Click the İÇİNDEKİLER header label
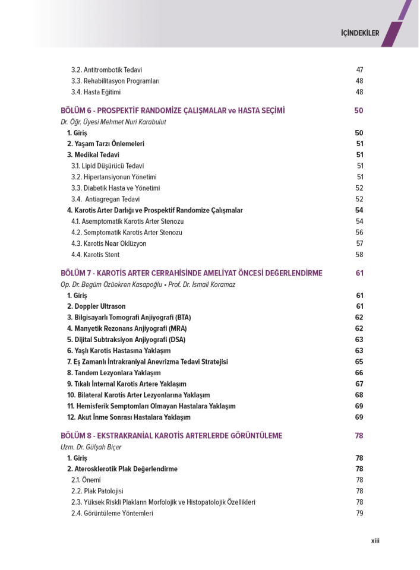[360, 33]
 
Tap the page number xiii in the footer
[375, 540]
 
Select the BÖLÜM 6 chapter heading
[173, 110]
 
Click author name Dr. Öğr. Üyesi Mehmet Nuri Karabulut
[113, 122]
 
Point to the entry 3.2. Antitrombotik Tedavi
[106, 70]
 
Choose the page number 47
[359, 70]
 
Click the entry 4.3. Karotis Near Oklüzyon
[109, 243]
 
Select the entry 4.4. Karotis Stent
[95, 255]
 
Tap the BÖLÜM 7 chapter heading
[191, 273]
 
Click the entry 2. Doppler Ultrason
[96, 306]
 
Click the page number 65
[359, 362]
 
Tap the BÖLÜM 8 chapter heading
[171, 436]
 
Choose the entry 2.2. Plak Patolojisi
[97, 491]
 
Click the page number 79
[359, 514]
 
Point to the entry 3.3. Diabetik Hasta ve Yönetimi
[115, 188]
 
